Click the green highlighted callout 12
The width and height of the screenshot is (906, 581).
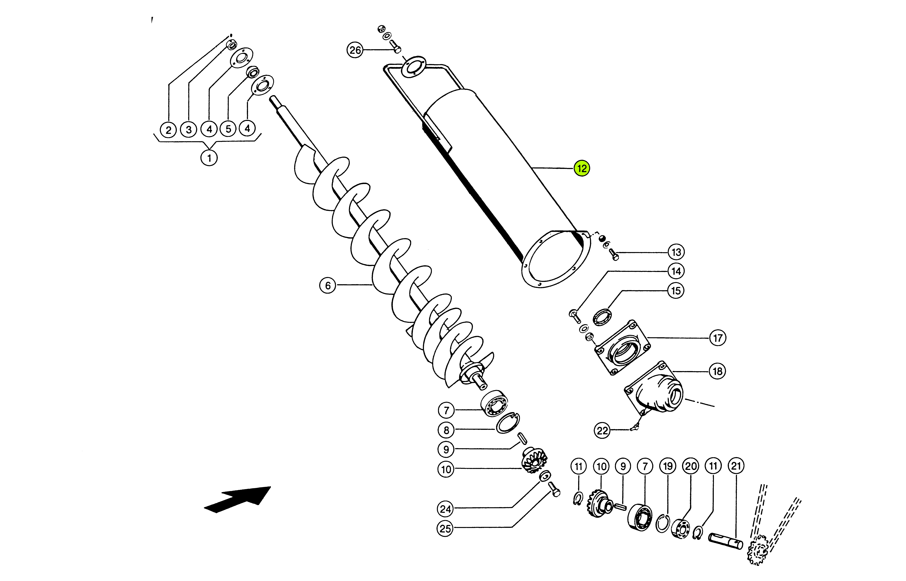(x=582, y=168)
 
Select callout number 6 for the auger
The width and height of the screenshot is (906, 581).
(x=327, y=286)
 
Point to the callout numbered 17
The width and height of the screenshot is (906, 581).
(x=717, y=338)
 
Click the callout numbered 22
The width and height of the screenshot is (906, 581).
(x=602, y=431)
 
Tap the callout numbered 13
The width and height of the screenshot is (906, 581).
(x=676, y=252)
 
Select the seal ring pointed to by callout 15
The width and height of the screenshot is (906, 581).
(x=602, y=317)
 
